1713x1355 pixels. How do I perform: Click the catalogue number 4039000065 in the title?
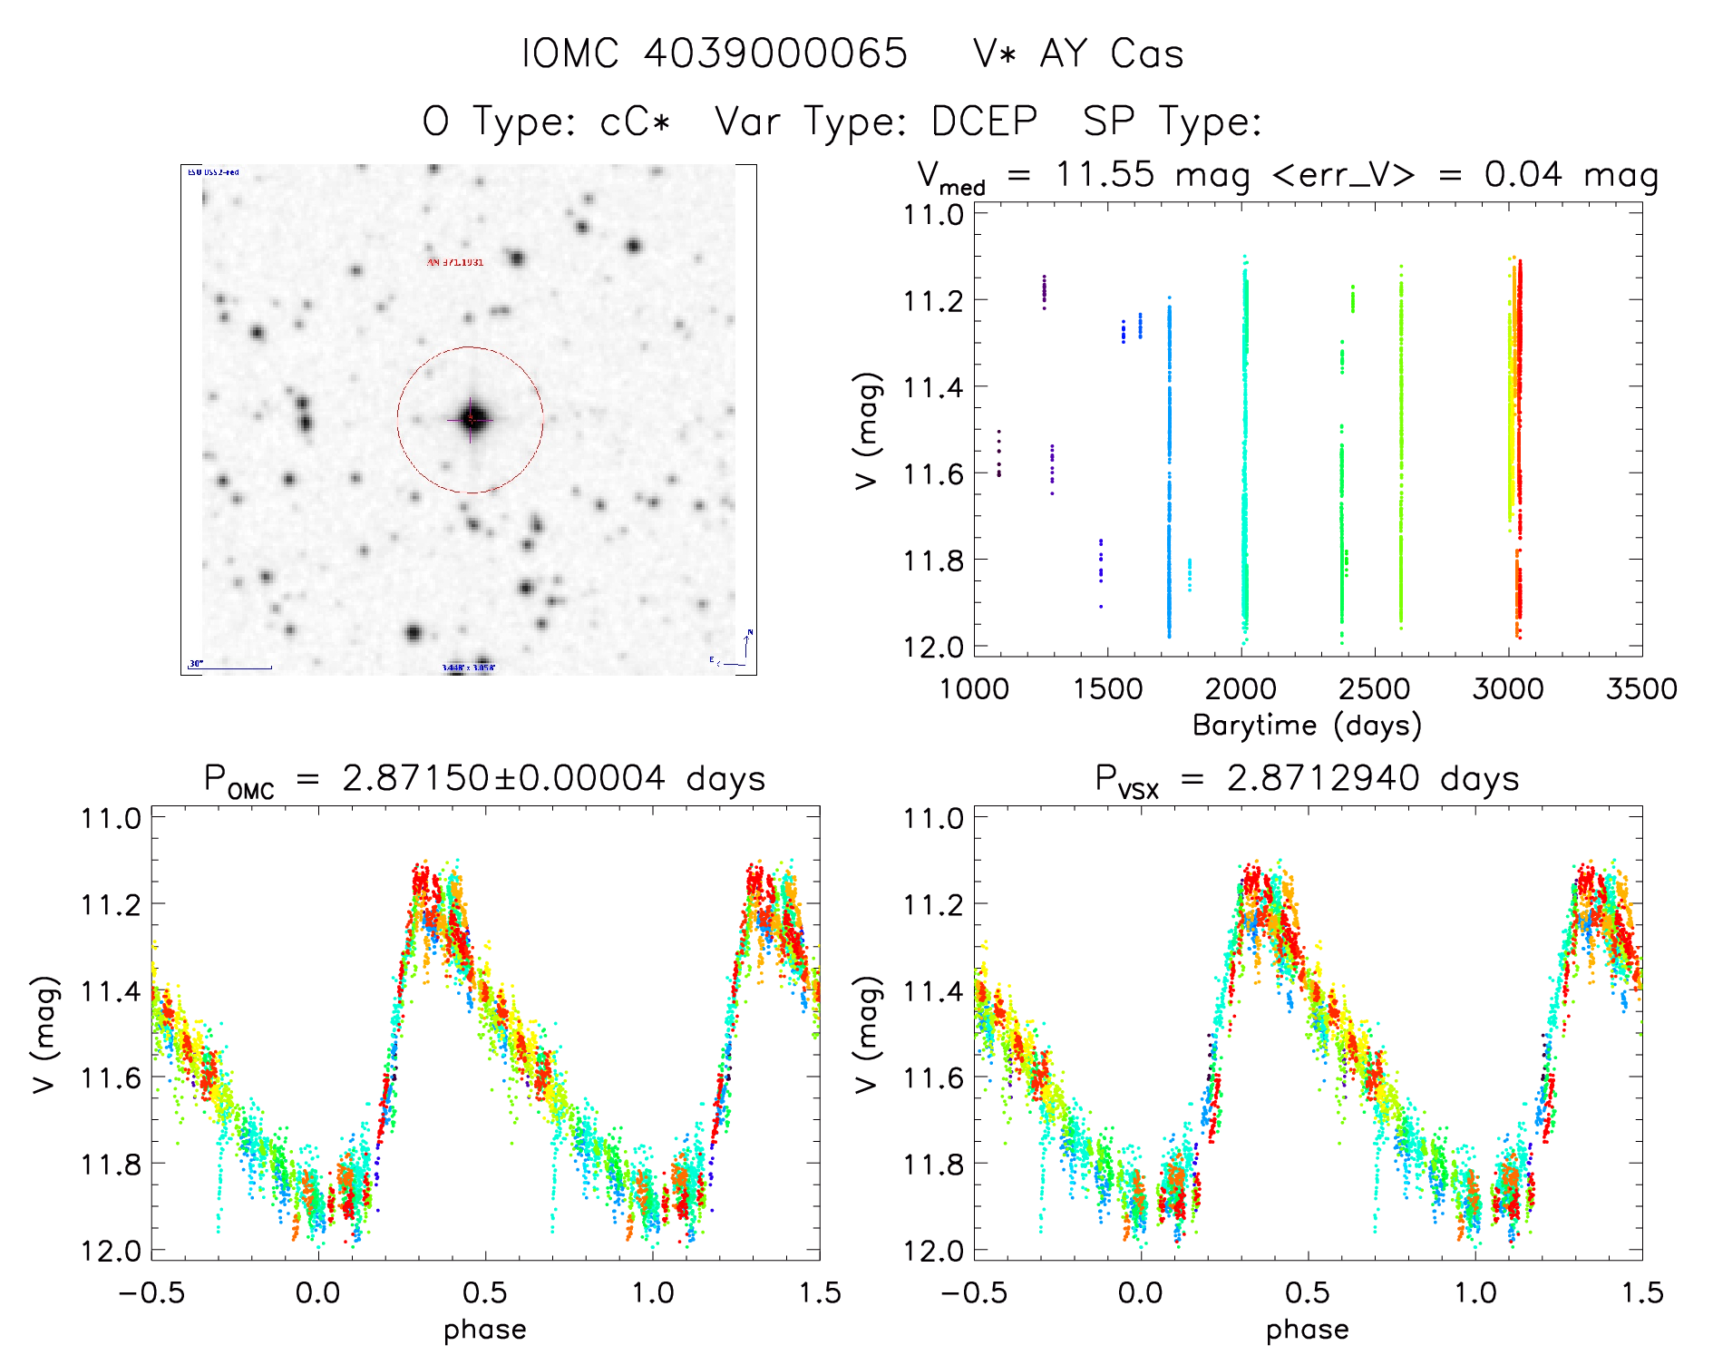[775, 54]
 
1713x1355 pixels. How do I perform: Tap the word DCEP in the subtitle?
[984, 122]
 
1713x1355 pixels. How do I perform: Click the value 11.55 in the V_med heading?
[1105, 174]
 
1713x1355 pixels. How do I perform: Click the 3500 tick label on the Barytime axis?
[1640, 689]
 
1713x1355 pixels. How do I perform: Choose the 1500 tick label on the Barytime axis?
[1107, 689]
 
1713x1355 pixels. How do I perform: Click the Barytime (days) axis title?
[1307, 725]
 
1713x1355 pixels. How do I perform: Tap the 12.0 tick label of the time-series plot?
[932, 647]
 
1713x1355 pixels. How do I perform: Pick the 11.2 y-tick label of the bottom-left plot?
[112, 904]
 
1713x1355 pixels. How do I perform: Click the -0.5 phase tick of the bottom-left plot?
[151, 1292]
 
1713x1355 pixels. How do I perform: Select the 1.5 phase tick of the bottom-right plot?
[1640, 1292]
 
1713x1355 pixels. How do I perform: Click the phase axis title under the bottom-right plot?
[1307, 1330]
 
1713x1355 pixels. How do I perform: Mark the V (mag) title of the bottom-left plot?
[45, 1034]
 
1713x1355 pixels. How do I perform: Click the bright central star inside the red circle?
[471, 419]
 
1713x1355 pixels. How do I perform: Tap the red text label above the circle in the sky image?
[455, 263]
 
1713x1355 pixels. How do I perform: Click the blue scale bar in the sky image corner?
[230, 668]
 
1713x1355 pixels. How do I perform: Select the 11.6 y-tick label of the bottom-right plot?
[932, 1077]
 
